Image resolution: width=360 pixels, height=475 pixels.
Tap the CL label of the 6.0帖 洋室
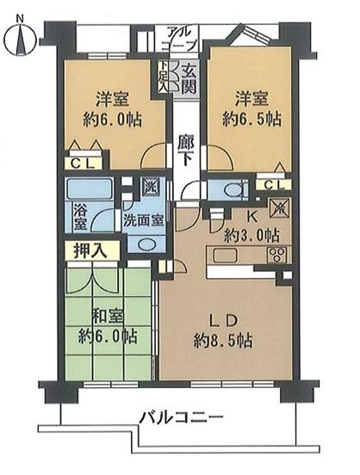pos(83,161)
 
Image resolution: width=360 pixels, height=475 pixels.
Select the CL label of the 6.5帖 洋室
pos(271,185)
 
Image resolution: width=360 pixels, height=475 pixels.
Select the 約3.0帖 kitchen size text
pos(251,235)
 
